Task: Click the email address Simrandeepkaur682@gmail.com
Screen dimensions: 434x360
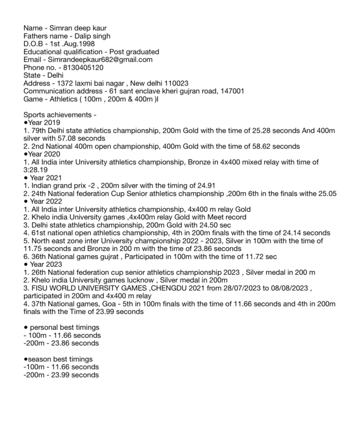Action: [103, 60]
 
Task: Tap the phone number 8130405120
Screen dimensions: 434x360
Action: [84, 68]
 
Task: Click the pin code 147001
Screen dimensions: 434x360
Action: [232, 91]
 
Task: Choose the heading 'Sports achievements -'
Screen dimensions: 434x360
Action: [60, 115]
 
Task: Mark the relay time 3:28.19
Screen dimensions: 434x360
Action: [35, 170]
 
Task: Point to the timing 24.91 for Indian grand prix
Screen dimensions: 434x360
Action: [206, 186]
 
